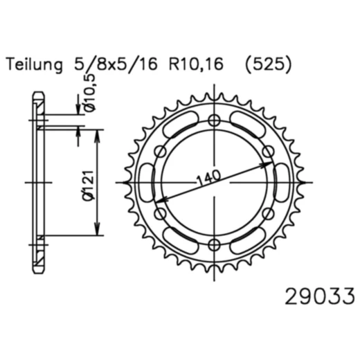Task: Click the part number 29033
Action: coord(319,298)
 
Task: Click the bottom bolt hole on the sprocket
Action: coord(215,244)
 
